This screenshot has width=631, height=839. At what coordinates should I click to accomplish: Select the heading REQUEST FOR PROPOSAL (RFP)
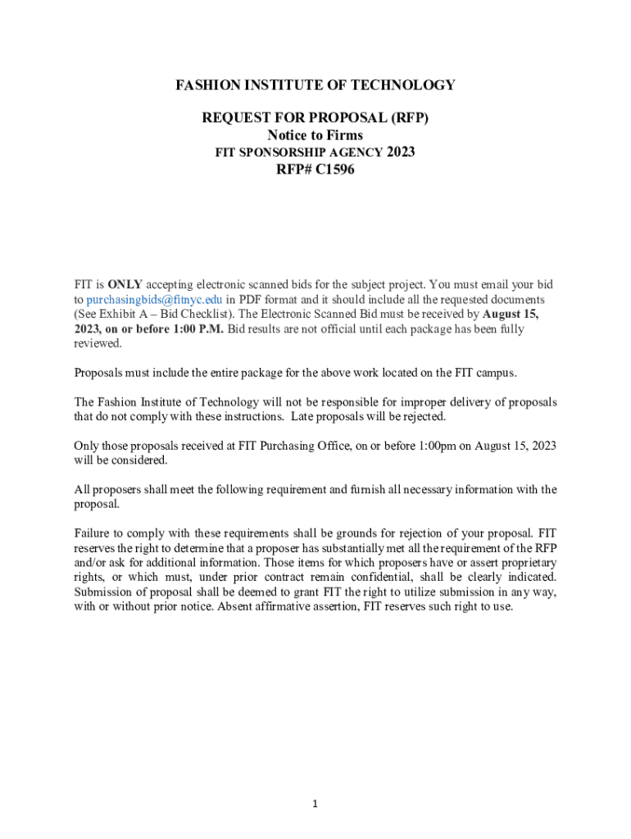315,119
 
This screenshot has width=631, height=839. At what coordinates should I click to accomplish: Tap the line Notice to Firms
315,135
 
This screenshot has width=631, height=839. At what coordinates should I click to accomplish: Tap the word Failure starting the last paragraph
93,534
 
